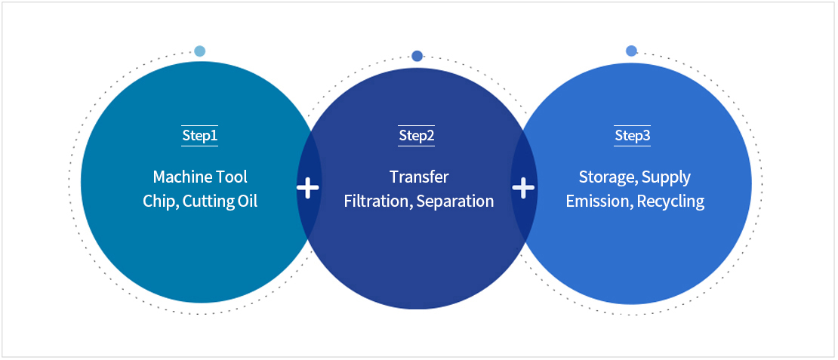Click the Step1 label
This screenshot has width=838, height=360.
click(200, 136)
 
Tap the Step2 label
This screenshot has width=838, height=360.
click(416, 136)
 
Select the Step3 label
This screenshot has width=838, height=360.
click(632, 136)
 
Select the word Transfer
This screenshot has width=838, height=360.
click(419, 177)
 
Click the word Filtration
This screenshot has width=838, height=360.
click(378, 202)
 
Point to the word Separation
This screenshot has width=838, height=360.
click(455, 202)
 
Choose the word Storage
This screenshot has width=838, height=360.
click(608, 177)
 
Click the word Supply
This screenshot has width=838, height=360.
click(667, 177)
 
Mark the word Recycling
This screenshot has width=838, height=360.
click(670, 202)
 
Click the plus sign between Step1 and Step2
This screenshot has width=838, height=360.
click(308, 188)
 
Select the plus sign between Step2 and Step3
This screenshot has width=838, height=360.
click(523, 188)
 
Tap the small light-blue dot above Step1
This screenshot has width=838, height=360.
click(200, 51)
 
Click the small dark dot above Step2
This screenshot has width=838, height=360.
click(417, 56)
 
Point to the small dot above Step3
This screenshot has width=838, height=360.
click(631, 51)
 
